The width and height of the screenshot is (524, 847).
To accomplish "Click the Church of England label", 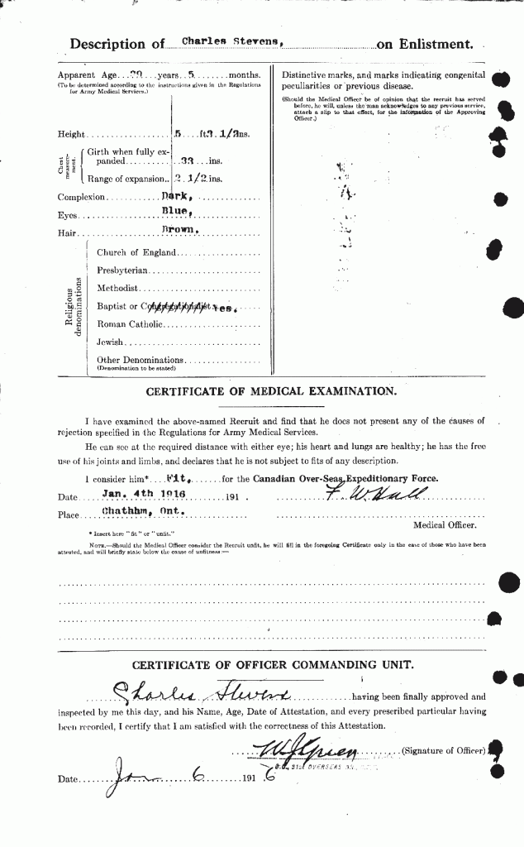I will point(136,252).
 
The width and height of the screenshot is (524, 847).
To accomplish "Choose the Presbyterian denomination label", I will point(125,270).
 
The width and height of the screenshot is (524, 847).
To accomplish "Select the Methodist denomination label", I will point(117,289).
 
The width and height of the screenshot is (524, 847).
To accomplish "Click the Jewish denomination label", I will point(109,342).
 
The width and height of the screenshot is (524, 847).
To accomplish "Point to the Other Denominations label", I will point(140,360).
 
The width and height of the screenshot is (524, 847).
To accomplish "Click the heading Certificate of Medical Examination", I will point(270,391).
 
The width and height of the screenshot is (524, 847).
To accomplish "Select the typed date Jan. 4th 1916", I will point(142,494).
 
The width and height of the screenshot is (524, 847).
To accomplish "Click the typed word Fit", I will point(174,479).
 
